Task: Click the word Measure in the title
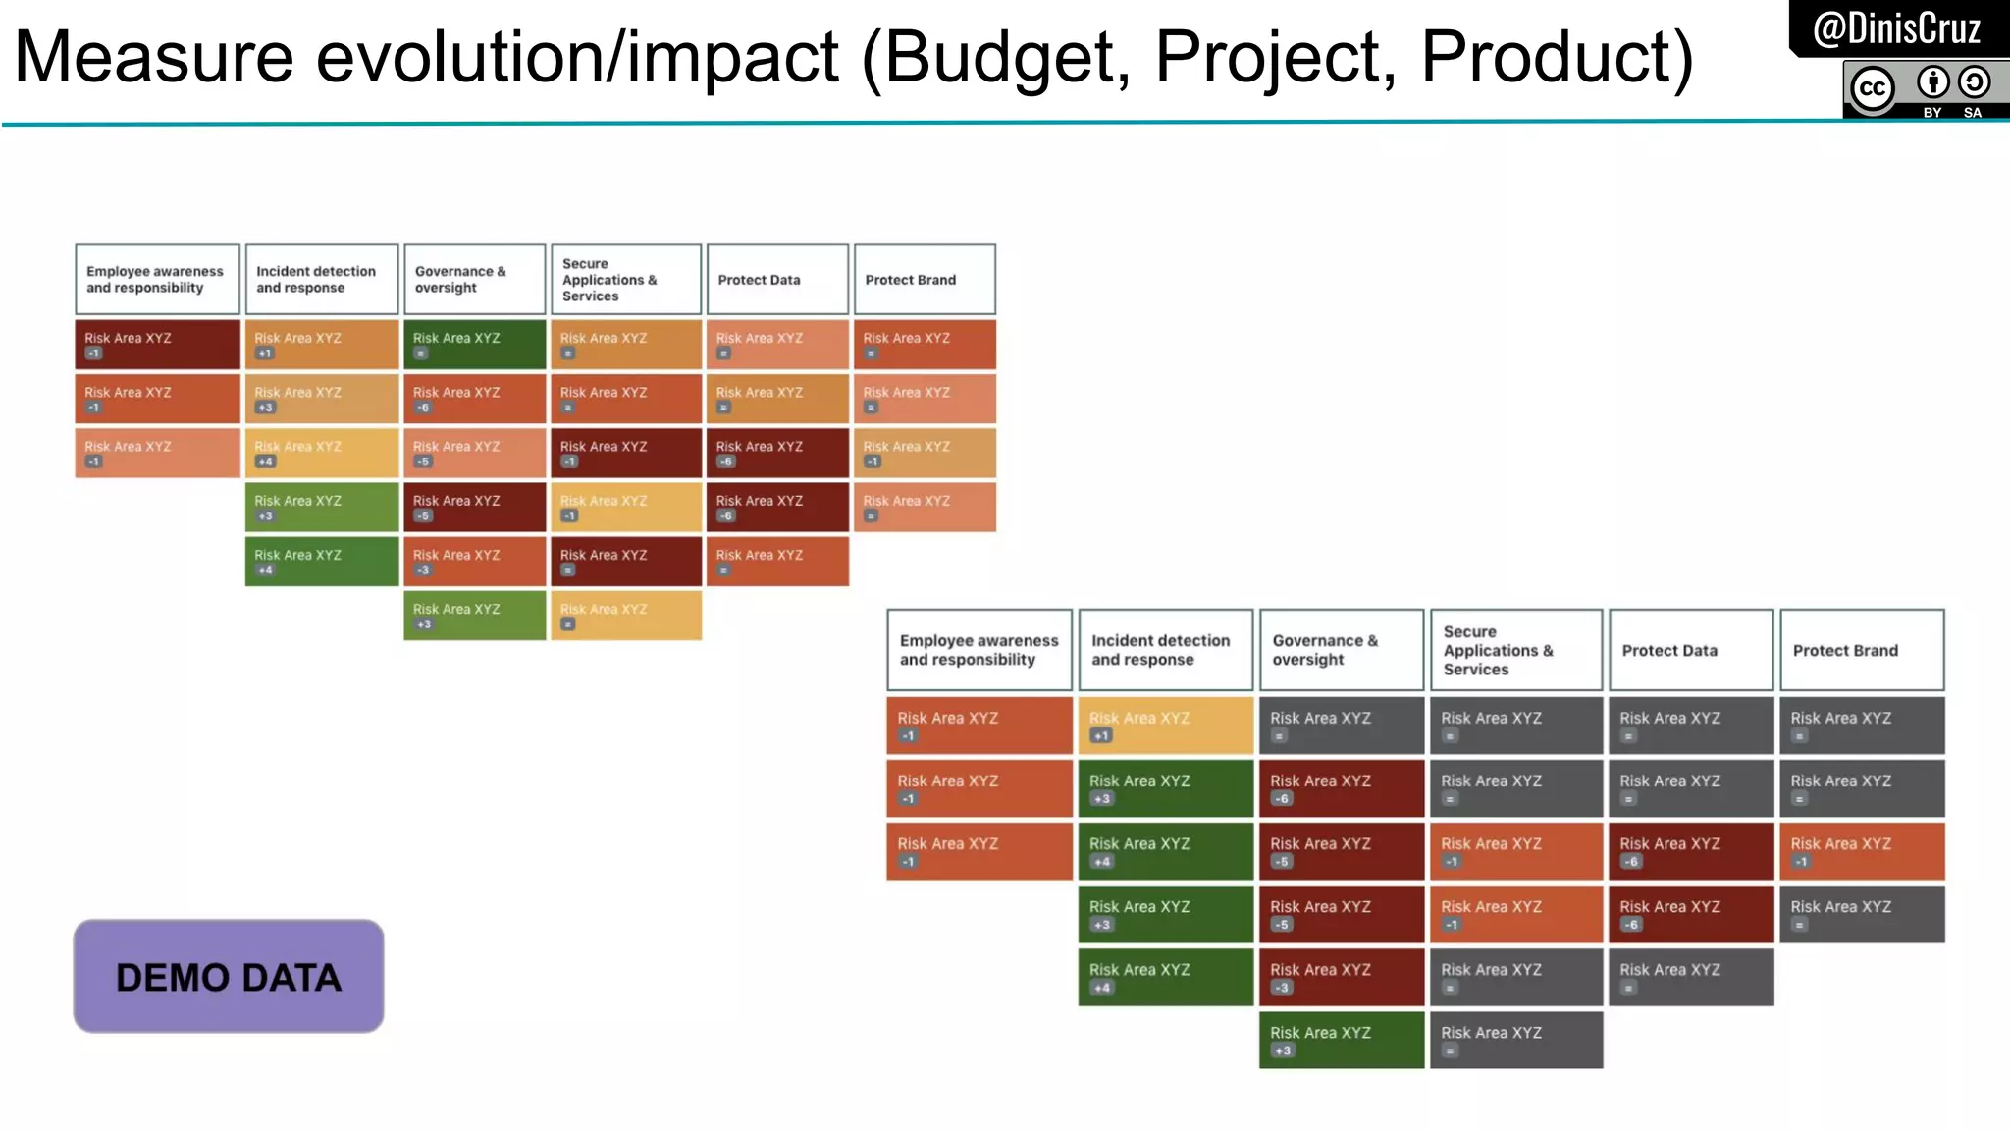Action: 153,57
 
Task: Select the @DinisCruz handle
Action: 1896,28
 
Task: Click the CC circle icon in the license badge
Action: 1872,88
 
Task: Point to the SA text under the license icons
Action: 1972,113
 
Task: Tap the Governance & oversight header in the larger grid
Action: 1341,650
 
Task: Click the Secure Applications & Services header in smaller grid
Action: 626,280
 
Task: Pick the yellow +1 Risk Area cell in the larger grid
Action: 1165,726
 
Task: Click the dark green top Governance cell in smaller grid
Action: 474,345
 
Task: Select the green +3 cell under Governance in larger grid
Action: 1341,1040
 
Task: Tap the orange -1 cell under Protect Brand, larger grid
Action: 1861,851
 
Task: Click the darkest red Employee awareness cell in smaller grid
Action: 157,345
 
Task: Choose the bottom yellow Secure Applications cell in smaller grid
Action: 626,616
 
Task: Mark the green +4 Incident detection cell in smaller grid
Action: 321,562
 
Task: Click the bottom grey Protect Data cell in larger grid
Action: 1690,977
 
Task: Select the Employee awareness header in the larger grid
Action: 979,650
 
